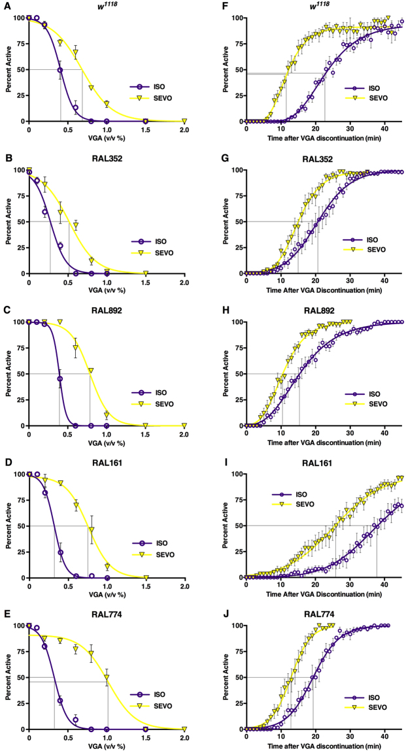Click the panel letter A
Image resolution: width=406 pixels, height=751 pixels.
(5, 6)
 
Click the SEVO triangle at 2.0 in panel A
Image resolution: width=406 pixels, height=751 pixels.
(184, 121)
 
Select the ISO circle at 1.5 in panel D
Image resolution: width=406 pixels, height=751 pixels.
(145, 577)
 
